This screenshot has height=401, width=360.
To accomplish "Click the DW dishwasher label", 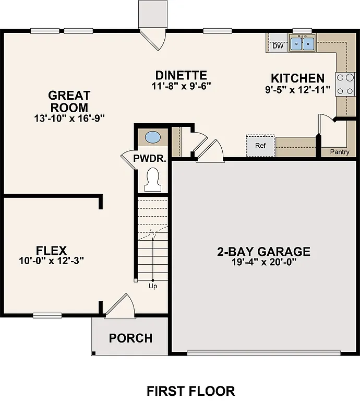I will (278, 46).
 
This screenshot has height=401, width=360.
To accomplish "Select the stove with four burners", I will (344, 84).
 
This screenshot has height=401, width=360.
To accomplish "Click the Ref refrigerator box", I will (260, 145).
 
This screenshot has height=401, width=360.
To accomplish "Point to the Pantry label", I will (340, 152).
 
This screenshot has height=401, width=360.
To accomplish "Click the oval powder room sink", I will (152, 137).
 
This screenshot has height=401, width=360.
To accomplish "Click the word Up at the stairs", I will (153, 286).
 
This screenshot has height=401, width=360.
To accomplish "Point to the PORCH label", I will (130, 338).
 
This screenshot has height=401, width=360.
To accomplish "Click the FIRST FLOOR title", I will (190, 391).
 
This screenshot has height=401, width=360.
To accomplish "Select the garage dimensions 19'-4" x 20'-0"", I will (263, 263).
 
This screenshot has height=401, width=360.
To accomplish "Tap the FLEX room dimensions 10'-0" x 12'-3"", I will (51, 260).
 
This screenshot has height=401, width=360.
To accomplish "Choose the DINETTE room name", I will (181, 76).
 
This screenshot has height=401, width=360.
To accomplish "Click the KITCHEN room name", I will (297, 78).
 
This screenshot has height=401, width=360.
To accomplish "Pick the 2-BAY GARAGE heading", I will (263, 252).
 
